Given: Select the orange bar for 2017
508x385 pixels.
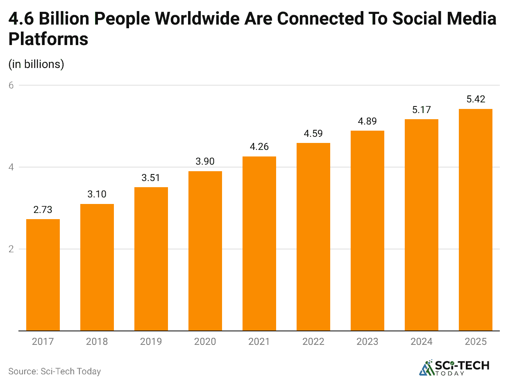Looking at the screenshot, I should pyautogui.click(x=43, y=275).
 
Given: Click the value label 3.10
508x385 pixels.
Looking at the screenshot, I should pyautogui.click(x=97, y=194).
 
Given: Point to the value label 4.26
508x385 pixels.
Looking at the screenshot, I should pyautogui.click(x=259, y=147).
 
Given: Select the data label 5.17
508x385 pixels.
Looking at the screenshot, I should pyautogui.click(x=422, y=109).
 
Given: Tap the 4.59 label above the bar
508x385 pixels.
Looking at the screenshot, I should pyautogui.click(x=313, y=133).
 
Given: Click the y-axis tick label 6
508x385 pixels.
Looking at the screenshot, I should pyautogui.click(x=11, y=85).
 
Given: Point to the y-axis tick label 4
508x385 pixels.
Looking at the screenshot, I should pyautogui.click(x=11, y=167).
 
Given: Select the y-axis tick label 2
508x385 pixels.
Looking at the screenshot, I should pyautogui.click(x=11, y=249).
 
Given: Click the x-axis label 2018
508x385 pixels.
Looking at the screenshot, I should pyautogui.click(x=97, y=342).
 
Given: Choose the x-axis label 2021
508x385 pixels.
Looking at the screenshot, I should pyautogui.click(x=259, y=342).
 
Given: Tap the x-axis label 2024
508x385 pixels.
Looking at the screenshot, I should pyautogui.click(x=422, y=342).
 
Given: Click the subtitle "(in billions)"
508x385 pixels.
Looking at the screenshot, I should pyautogui.click(x=36, y=64).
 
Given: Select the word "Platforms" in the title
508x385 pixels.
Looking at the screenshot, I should pyautogui.click(x=48, y=39).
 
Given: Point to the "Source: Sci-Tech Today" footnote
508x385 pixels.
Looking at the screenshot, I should pyautogui.click(x=54, y=371).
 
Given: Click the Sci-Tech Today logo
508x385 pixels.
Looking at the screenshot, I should pyautogui.click(x=454, y=367).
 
